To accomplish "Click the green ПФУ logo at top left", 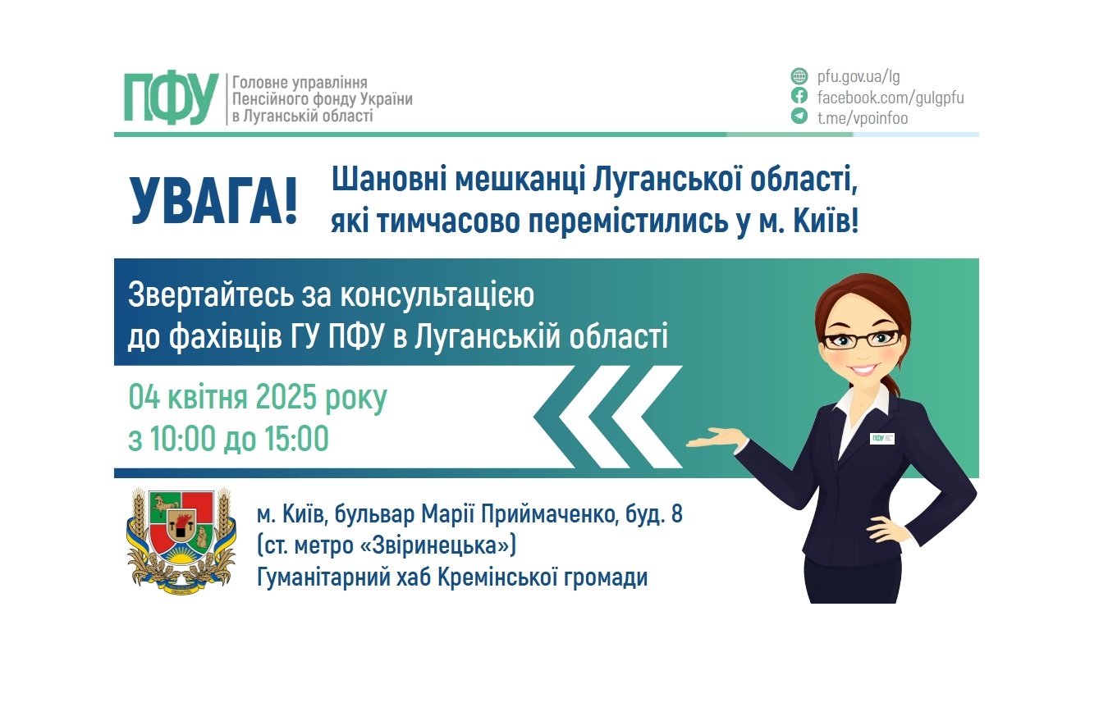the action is tap(171, 99).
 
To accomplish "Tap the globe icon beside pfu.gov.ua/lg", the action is tap(799, 76).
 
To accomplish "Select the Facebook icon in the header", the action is tap(799, 96).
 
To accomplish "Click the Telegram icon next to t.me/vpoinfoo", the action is tap(799, 116).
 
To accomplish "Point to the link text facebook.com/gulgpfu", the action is tap(891, 98).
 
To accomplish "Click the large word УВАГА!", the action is tap(213, 201).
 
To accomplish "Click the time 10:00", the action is tap(183, 439).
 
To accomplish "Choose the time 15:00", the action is tap(296, 439).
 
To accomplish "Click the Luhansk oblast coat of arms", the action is tap(181, 542).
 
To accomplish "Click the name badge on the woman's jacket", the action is tap(882, 438).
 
